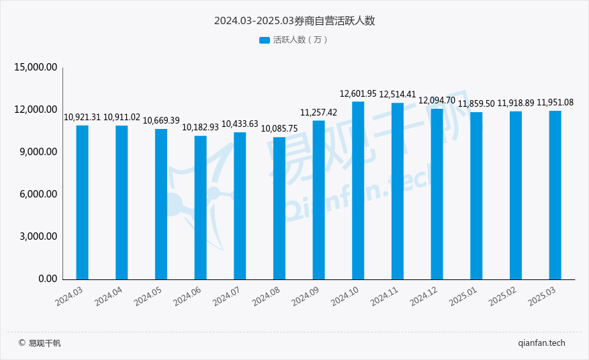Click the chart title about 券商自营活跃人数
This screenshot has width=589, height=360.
294,21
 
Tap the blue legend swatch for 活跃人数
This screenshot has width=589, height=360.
264,40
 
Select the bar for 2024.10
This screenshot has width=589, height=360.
358,190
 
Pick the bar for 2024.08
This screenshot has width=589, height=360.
279,208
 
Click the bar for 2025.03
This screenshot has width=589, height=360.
555,195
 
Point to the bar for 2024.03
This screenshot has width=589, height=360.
82,202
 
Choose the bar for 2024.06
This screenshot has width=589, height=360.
200,208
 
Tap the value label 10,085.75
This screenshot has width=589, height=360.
279,128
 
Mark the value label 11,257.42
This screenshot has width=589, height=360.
318,112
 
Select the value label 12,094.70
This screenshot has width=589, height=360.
437,100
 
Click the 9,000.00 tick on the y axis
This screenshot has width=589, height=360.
38,152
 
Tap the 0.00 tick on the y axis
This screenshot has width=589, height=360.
47,279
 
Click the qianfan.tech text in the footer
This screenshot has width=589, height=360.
542,343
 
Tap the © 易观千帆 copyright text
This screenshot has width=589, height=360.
40,343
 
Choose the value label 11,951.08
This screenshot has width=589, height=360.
555,102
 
